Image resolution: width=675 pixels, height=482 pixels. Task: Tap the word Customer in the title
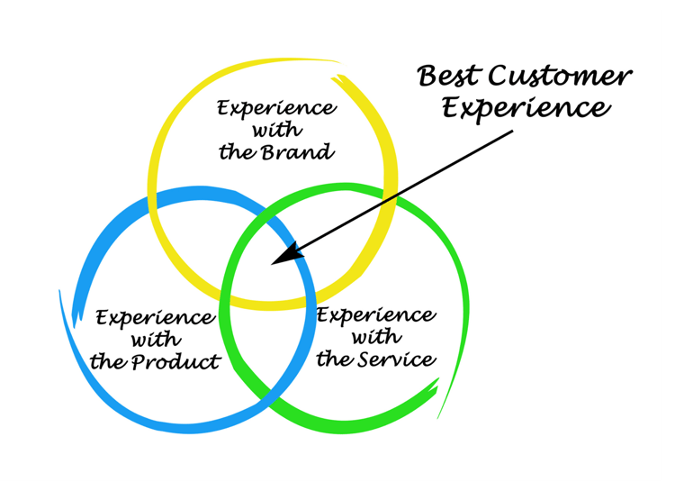(560, 77)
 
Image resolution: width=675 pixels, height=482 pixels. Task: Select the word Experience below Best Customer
(526, 108)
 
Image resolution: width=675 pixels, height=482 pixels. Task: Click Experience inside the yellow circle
(277, 108)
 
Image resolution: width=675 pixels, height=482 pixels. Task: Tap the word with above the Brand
(277, 130)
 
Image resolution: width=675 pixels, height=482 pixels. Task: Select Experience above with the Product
(156, 318)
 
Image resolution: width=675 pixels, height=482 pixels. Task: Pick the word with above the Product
(156, 340)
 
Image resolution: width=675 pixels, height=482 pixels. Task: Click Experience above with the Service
(377, 315)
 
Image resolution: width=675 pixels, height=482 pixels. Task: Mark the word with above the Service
(377, 336)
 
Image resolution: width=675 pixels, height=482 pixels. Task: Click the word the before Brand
(238, 152)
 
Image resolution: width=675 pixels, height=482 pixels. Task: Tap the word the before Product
(109, 362)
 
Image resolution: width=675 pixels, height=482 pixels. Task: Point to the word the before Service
(335, 359)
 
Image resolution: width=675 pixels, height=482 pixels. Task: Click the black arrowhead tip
(272, 265)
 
